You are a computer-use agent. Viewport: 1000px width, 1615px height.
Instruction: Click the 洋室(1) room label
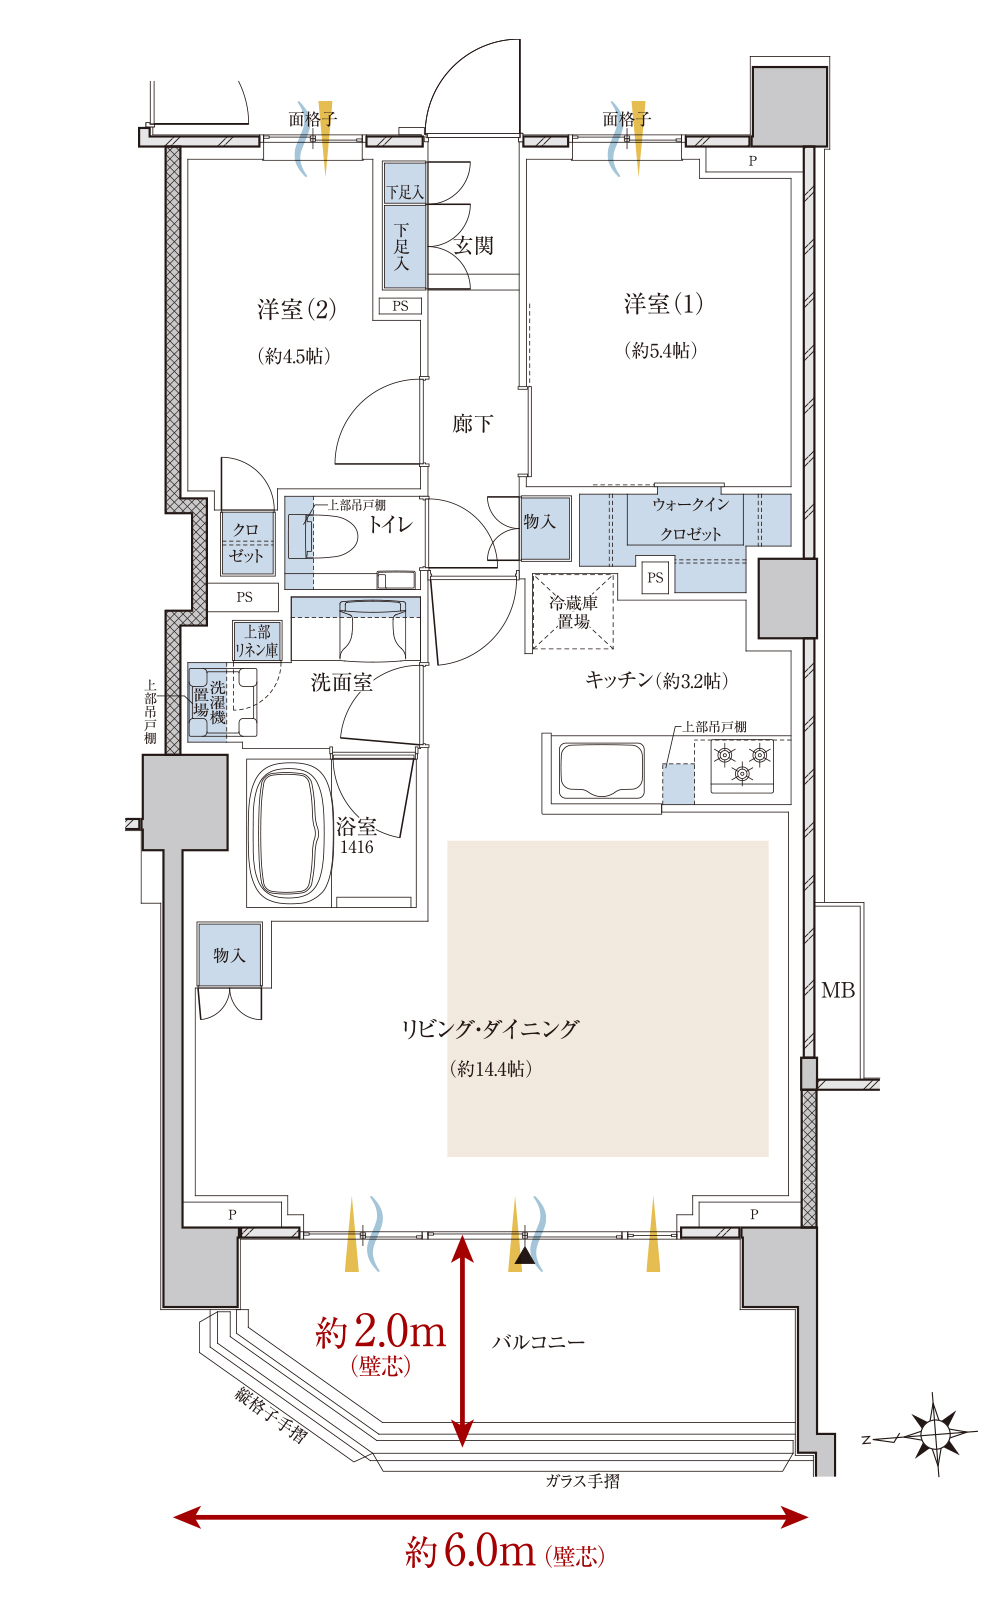pos(663,304)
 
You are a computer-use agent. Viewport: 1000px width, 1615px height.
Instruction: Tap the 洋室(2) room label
pos(296,309)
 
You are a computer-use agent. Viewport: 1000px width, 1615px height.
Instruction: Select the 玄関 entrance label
pos(474,246)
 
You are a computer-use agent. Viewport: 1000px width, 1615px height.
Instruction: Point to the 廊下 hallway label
pos(472,423)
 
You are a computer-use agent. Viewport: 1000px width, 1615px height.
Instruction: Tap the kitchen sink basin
pos(602,769)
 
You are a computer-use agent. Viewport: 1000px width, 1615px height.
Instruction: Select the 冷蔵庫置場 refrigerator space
pos(573,612)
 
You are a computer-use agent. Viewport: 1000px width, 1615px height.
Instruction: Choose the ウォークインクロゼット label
pos(690,519)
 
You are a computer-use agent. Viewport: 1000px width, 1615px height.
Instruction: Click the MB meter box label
pos(838,990)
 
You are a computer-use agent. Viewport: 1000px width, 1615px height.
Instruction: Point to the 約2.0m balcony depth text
pos(380,1332)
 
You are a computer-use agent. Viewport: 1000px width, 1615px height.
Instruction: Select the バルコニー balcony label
pos(539,1342)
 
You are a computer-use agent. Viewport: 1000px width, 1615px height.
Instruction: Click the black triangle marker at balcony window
pos(525,1257)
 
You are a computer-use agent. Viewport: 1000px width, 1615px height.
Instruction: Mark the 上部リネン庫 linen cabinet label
pos(257,641)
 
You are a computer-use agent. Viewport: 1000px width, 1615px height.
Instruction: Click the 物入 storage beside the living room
pos(229,955)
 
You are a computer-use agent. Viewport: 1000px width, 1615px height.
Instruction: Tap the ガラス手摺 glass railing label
pos(583,1481)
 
